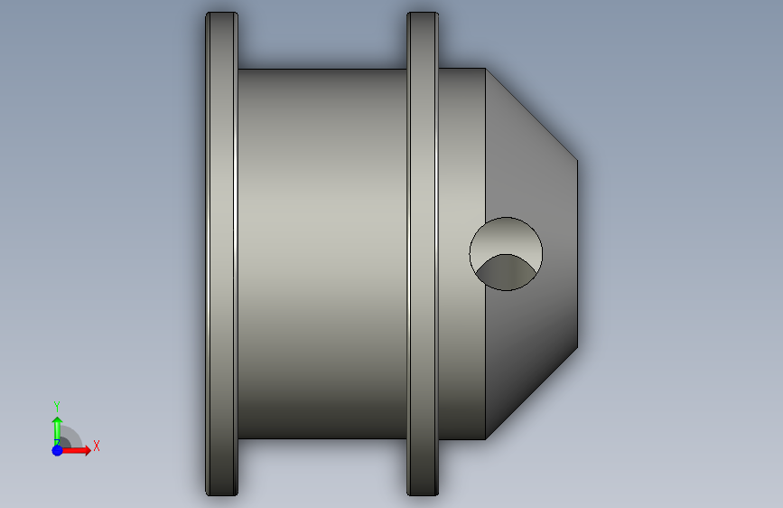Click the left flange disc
pos(222,254)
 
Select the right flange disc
pos(423,254)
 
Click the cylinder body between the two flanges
pos(322,254)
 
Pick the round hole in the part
pos(506,254)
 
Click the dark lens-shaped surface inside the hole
pos(506,272)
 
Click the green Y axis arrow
pos(57,431)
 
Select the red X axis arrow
pos(75,450)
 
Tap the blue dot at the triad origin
pos(57,450)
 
